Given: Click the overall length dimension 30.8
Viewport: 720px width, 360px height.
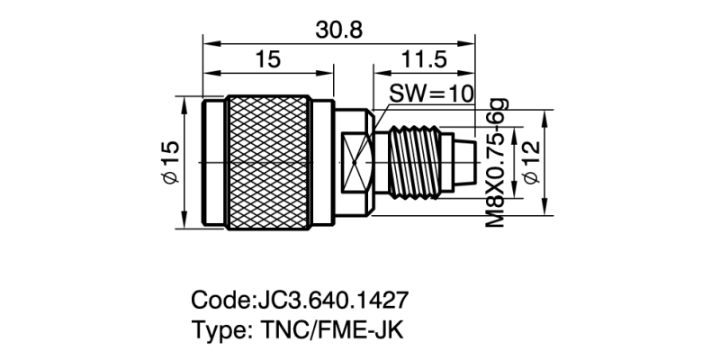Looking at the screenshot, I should click(x=339, y=30).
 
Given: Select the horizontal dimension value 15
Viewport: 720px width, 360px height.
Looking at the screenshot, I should click(x=268, y=59).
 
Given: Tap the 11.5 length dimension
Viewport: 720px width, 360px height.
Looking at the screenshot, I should click(x=422, y=59).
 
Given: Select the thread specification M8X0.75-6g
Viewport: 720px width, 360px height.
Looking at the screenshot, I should click(x=494, y=162).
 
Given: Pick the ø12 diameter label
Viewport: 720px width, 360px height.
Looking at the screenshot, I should click(x=533, y=163).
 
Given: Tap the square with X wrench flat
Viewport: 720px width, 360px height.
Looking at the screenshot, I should click(x=358, y=163).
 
